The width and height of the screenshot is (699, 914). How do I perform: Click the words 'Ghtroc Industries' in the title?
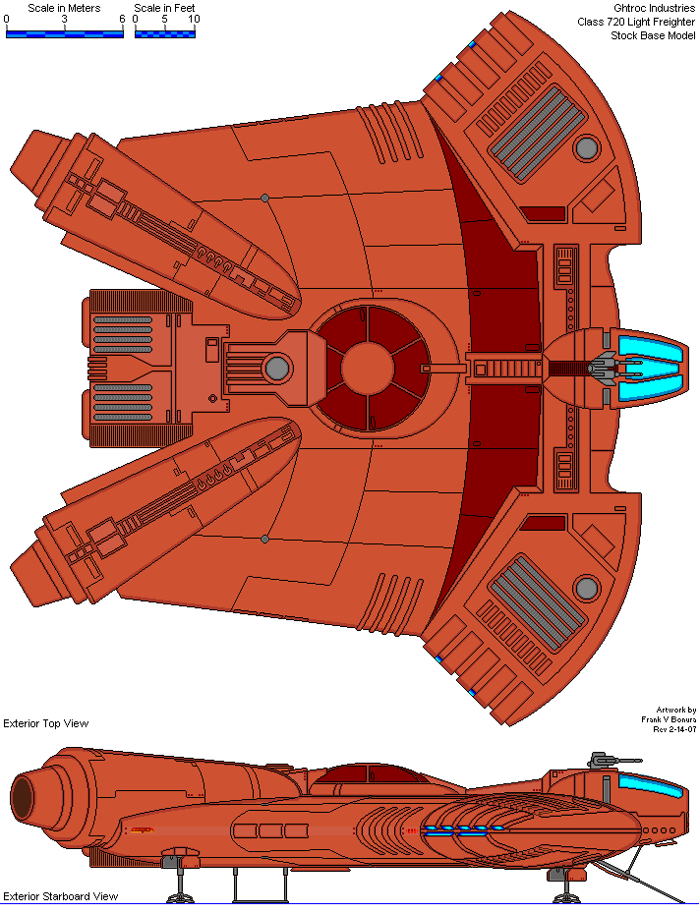(x=654, y=8)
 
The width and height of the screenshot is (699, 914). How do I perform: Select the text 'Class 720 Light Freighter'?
(x=636, y=22)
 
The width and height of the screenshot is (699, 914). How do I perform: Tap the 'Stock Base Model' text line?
(x=653, y=35)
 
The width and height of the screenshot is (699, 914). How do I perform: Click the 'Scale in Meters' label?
(x=64, y=8)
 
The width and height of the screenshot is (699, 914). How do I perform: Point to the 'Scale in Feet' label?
(x=164, y=8)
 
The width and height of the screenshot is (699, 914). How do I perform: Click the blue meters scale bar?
(x=65, y=32)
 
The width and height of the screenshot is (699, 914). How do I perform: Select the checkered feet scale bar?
(x=164, y=32)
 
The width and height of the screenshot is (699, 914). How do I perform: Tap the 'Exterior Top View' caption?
(x=46, y=723)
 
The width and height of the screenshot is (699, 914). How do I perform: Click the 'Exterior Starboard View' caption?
(x=60, y=896)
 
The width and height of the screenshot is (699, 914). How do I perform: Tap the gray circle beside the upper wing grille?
(x=587, y=148)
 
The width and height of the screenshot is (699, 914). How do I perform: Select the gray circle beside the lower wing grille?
(x=587, y=588)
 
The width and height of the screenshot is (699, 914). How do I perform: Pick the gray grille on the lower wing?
(x=530, y=602)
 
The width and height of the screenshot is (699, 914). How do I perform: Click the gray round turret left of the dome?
(x=277, y=369)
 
